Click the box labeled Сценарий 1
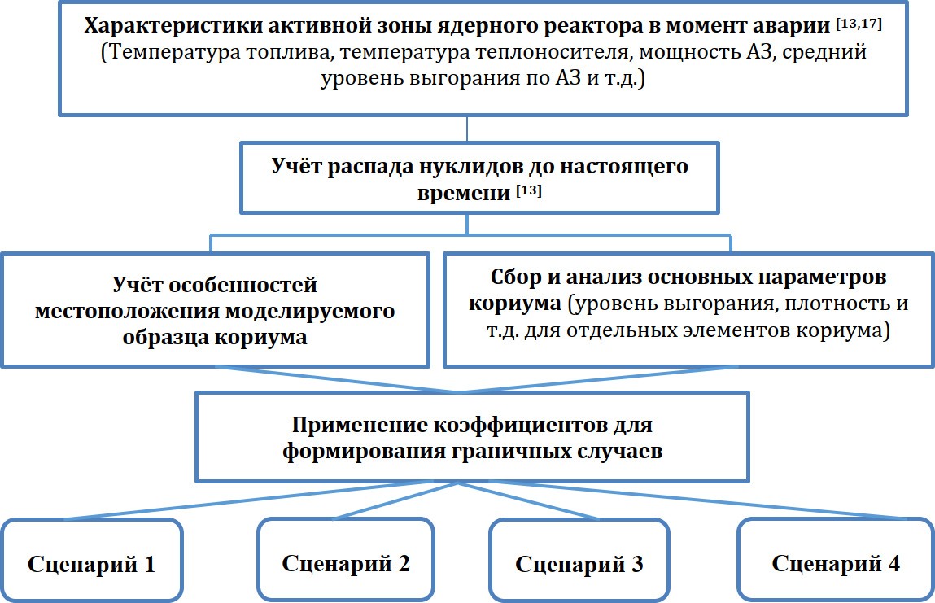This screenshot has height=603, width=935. click(x=91, y=559)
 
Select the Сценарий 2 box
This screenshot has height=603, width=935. click(x=346, y=559)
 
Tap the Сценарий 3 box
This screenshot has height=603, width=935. click(x=579, y=559)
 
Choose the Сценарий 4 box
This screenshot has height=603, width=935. click(x=836, y=559)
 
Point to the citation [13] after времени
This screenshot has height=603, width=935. click(x=529, y=190)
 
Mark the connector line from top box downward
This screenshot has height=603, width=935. click(x=467, y=129)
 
